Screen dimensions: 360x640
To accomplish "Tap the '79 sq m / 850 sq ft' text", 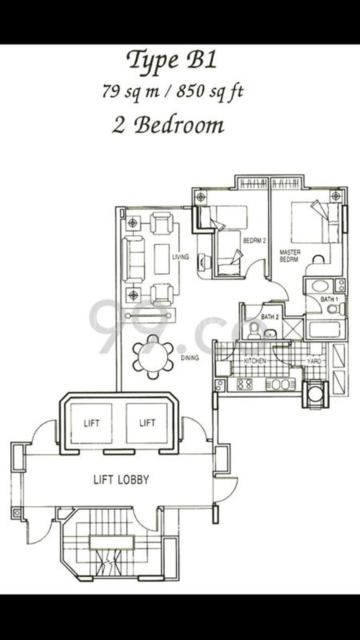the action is pos(173,92).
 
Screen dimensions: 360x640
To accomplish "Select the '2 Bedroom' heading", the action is pos(168,126).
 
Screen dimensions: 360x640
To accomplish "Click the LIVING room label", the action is pos(180,257).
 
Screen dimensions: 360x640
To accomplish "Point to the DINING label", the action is pos(190,358).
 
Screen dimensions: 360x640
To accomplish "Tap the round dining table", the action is pos(153,356).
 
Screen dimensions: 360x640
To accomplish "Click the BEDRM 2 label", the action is pos(254,240).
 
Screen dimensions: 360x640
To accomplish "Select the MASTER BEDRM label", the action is pos(290,256).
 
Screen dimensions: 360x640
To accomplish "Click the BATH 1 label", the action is pos(329,300).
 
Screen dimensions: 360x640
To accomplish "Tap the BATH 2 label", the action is pos(270,317).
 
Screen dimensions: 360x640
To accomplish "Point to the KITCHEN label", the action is pos(255,361).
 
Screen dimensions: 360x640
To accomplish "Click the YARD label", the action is pos(314,361).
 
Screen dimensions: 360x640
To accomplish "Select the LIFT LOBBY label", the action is pos(121,480).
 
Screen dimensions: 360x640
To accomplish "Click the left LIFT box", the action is pos(91,423).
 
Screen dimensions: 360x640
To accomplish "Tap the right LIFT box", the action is pos(147,423).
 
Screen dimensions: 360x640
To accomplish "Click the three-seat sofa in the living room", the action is pos(133,259).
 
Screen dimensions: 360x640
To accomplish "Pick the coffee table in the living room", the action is pos(162,259).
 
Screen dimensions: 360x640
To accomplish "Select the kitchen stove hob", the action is pos(245,384).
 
